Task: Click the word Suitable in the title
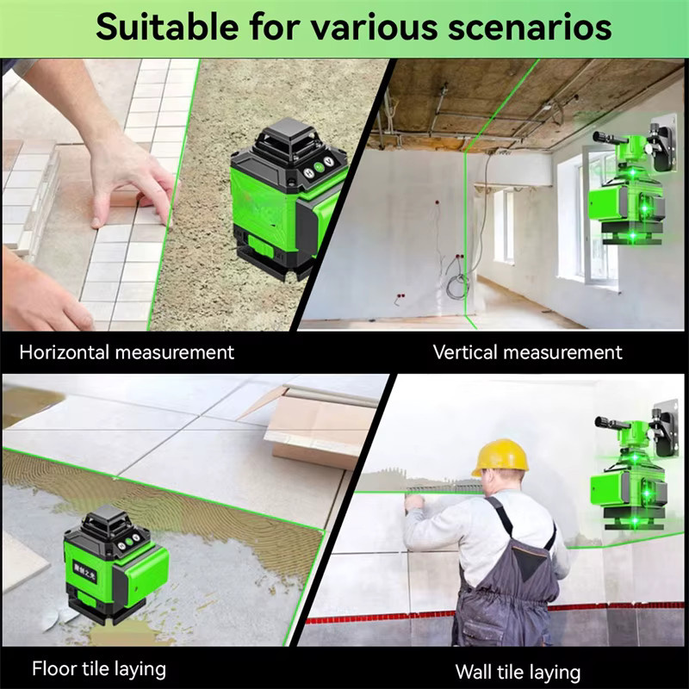click(x=167, y=28)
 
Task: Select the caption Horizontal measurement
click(x=127, y=352)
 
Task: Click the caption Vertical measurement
click(x=527, y=352)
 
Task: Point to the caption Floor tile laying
click(x=99, y=669)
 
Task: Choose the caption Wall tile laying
click(x=518, y=673)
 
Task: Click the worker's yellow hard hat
click(x=500, y=457)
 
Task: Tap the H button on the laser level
click(x=310, y=173)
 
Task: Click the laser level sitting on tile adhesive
click(x=115, y=565)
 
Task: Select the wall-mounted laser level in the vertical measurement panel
click(x=633, y=180)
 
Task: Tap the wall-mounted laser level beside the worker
click(x=633, y=466)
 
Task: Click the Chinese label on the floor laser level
click(x=84, y=570)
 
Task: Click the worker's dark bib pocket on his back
click(x=531, y=562)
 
